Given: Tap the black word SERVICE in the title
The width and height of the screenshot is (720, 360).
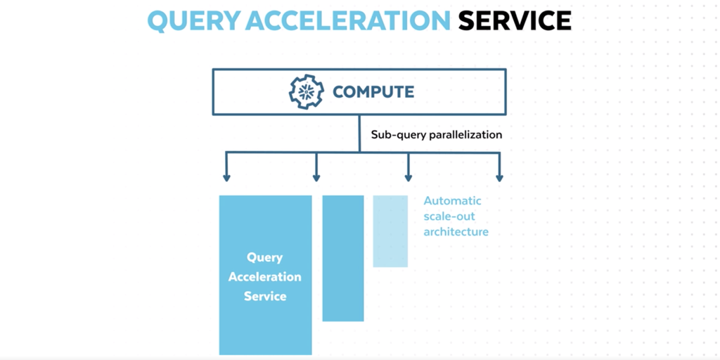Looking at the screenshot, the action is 515,20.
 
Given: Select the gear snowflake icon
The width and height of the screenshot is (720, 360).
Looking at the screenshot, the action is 307,92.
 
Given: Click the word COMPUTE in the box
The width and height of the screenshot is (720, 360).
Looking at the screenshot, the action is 373,92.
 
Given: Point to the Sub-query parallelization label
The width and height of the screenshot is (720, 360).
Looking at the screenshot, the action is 437,135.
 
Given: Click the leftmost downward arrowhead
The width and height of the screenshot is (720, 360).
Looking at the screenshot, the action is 226,177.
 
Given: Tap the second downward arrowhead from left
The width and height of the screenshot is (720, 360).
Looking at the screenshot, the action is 316,177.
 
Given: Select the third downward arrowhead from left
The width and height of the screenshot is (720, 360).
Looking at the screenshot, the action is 409,177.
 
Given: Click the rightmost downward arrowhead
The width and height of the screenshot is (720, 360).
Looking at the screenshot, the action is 500,177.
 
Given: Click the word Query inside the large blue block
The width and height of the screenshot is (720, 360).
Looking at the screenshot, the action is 265,257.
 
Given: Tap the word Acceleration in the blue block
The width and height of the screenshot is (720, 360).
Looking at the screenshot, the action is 265,277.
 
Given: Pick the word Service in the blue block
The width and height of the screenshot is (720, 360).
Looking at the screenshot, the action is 265,296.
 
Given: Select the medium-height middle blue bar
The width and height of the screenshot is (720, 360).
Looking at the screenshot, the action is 343,259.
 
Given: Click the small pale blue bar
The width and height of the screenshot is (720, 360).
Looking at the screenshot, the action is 390,231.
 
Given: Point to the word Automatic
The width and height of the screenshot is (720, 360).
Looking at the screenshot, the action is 452,200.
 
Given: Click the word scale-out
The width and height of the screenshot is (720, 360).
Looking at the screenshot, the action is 449,217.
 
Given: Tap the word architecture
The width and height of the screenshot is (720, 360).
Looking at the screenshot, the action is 456,232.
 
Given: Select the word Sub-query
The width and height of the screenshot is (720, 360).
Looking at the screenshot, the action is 399,136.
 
